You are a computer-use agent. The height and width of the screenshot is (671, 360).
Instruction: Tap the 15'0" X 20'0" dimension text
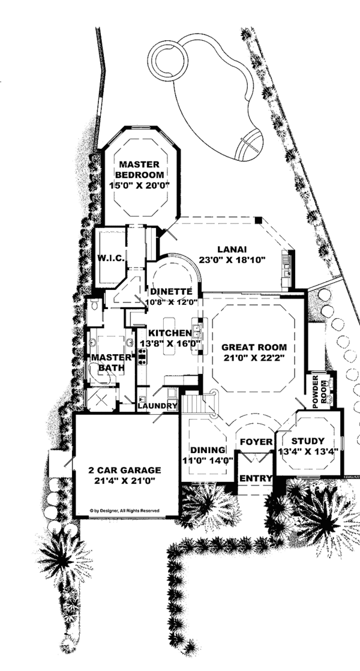pos(139,185)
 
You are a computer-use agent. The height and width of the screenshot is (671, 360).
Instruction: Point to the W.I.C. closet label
pos(111,259)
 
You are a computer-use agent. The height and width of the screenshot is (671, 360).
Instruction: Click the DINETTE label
pos(171,292)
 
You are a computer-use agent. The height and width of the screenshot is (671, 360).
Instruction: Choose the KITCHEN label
pos(166,332)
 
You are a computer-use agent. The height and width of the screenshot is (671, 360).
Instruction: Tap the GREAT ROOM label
pos(254,347)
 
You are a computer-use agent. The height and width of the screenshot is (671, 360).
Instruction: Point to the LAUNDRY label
pos(157,406)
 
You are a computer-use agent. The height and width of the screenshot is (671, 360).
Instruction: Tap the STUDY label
pos(308,441)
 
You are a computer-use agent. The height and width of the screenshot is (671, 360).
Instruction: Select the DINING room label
pos(208,450)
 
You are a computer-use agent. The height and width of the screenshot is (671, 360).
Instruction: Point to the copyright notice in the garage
pos(125,511)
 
